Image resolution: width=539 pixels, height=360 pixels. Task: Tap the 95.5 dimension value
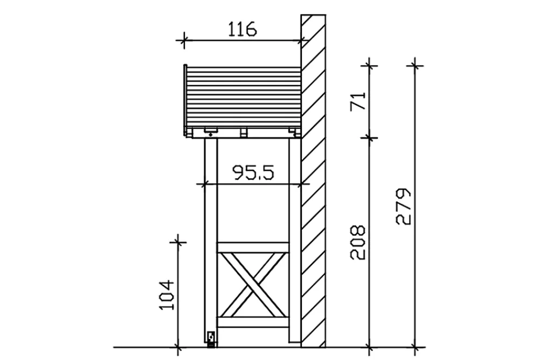253,172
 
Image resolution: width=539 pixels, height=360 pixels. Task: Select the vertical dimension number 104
167,295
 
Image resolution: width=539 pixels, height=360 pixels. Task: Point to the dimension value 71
358,101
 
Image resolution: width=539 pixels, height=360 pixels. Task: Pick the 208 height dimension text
357,242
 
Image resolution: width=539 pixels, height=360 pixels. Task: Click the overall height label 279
404,206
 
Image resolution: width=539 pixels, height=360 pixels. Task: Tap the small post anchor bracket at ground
211,338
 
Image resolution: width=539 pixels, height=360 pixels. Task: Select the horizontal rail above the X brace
253,247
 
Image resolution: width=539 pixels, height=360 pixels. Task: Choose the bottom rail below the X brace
253,322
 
